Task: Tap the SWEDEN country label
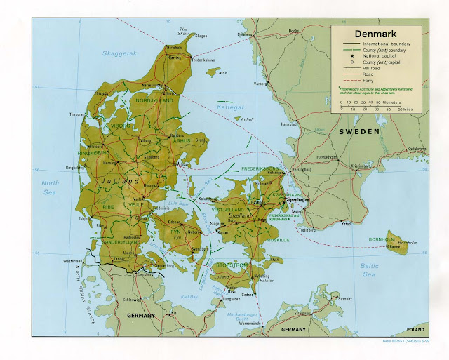coord(358,131)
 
